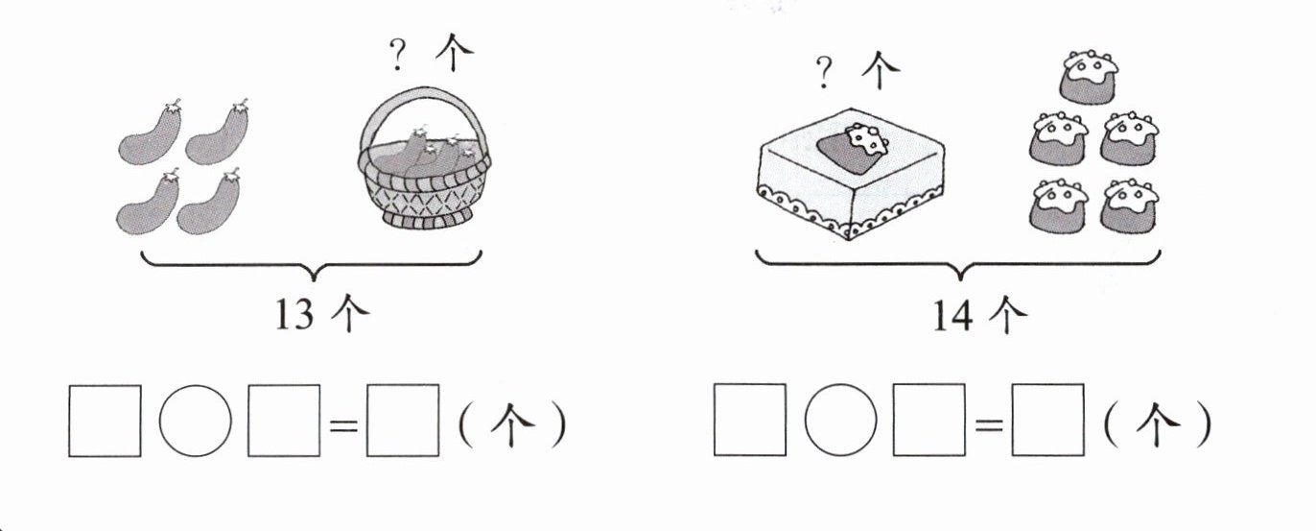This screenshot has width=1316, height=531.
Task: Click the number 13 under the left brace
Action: tap(294, 315)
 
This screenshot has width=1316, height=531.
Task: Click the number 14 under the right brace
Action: tap(953, 316)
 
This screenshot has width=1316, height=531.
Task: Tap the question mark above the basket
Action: tap(398, 54)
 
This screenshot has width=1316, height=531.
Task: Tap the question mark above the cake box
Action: tap(825, 72)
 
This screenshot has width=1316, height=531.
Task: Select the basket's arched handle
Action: tap(422, 94)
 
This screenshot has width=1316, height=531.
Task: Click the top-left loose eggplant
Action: tap(150, 133)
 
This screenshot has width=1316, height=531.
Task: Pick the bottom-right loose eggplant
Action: tap(208, 203)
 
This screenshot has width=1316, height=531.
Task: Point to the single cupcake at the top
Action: tap(1090, 77)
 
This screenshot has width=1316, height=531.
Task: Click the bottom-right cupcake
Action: tap(1129, 205)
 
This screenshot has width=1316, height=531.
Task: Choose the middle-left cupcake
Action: tap(1059, 138)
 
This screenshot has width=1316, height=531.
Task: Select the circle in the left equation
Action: tap(195, 421)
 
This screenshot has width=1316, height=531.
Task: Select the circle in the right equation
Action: tap(840, 420)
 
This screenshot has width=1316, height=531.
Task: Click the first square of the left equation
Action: tap(106, 421)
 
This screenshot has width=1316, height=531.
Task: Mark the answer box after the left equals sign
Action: tap(403, 421)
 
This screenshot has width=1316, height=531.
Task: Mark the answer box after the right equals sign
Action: tap(1048, 420)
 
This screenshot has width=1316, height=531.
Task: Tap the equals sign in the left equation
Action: tap(343, 424)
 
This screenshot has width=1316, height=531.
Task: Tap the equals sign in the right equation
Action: tap(989, 424)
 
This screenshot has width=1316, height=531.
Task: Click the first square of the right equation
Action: tap(750, 420)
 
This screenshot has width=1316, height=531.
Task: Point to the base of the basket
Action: tap(428, 219)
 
